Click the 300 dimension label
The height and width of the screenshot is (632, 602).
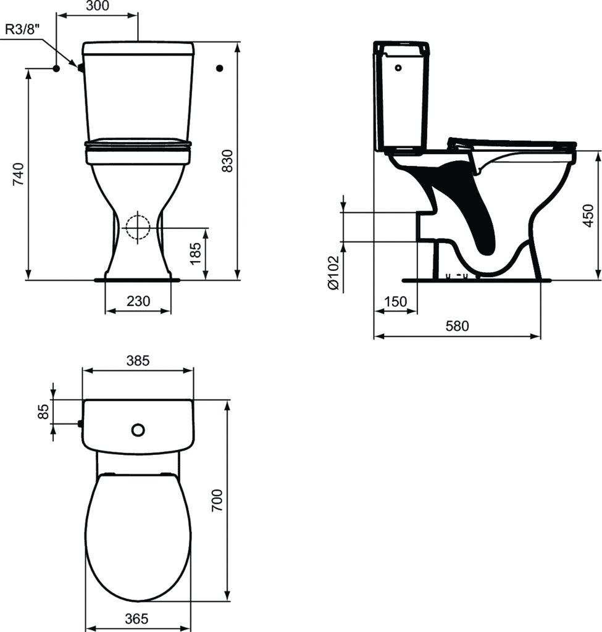tap(98, 6)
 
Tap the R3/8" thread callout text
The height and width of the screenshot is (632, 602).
tap(23, 30)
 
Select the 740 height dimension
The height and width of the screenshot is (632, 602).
tap(19, 174)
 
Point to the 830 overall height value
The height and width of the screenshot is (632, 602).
tap(227, 161)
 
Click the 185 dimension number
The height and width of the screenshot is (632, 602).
tap(195, 254)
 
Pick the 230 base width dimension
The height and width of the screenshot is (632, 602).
tap(138, 301)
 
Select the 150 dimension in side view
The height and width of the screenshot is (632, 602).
tap(395, 301)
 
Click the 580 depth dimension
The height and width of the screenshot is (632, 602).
tap(458, 326)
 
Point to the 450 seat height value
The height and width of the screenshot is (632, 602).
tap(588, 215)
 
